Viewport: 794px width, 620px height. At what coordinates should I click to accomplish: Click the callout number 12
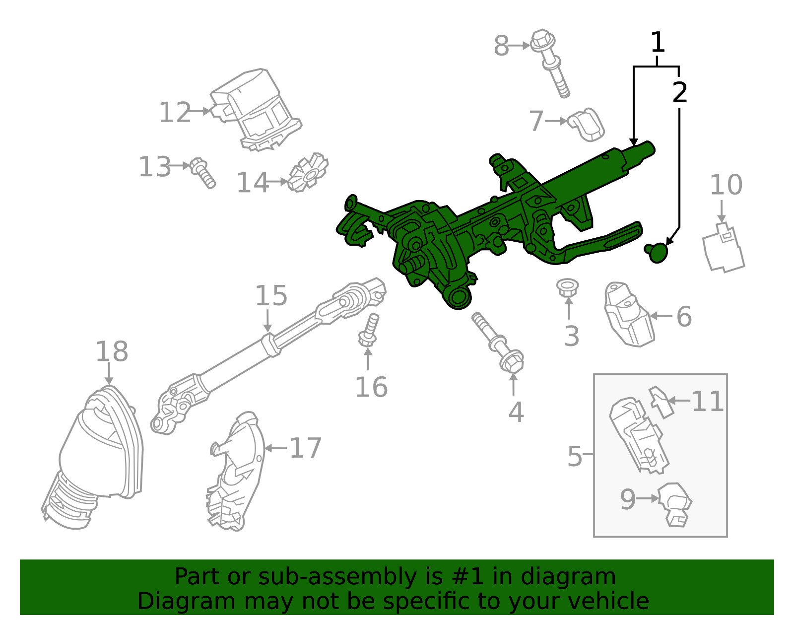175,113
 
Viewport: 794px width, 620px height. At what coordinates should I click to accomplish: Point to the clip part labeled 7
587,125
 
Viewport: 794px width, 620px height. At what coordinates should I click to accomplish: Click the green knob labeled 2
658,253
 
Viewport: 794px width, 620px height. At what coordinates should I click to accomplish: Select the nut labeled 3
567,287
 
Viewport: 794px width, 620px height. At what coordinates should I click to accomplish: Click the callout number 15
270,296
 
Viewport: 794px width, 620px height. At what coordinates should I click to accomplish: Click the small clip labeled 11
661,402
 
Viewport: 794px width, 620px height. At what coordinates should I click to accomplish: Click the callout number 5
574,456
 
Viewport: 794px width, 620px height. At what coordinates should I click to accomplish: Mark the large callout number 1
657,43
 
